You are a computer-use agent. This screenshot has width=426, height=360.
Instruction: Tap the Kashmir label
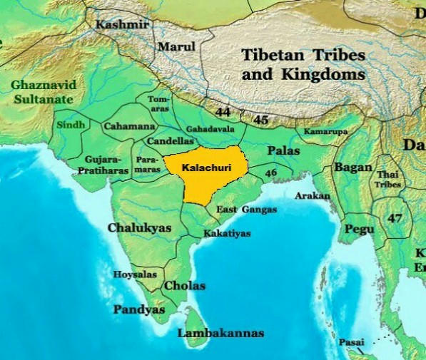point(123,25)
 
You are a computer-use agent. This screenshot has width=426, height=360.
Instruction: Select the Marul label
point(176,46)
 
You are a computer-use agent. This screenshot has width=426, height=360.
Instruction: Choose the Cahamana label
point(129,126)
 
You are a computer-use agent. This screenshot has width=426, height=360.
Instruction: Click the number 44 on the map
point(223,112)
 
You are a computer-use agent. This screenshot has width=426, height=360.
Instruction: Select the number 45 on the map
point(261,120)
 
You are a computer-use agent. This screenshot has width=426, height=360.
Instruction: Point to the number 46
point(270,173)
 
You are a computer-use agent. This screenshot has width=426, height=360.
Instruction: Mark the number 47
point(395,218)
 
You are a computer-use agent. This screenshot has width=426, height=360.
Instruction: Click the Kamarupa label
point(326,132)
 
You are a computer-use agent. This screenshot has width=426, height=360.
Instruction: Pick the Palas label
point(284,151)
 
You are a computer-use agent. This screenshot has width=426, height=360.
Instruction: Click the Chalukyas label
point(140,228)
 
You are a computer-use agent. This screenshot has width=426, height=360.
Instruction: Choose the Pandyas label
point(139,310)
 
